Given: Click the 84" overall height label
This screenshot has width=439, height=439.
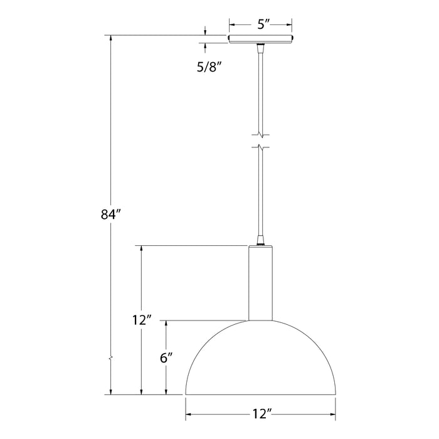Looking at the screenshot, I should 109,214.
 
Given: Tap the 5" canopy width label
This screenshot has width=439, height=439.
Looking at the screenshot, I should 261,25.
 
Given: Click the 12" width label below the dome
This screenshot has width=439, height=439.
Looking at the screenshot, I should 260,415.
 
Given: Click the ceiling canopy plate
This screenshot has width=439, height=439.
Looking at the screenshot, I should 261,40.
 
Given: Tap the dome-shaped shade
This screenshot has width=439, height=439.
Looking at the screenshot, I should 260,364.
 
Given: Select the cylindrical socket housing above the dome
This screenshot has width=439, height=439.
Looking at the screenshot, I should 260,282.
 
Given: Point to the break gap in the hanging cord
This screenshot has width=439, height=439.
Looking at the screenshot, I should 261,141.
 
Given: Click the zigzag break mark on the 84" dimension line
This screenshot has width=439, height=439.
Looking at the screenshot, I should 111,359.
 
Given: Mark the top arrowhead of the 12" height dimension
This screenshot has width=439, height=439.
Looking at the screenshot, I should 141,249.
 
